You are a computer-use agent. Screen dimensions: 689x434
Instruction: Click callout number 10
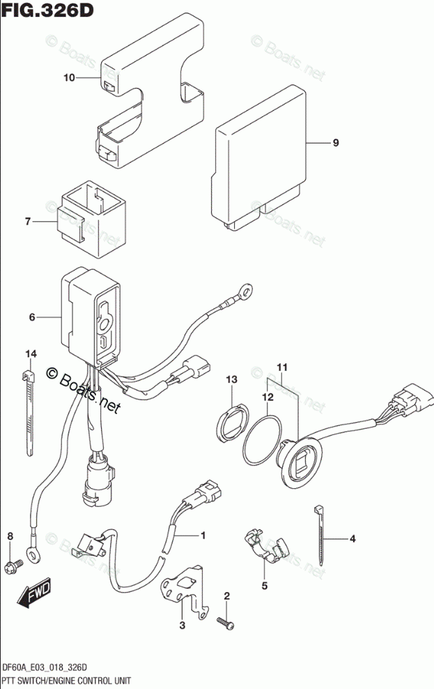coord(68,78)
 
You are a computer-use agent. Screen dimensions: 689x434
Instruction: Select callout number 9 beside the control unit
coord(335,143)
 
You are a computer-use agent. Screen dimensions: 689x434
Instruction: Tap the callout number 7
coord(28,222)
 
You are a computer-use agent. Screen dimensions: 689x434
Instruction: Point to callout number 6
coord(32,317)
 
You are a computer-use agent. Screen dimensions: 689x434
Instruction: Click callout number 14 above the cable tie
coord(30,354)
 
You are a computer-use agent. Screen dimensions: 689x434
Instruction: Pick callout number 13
coord(231,379)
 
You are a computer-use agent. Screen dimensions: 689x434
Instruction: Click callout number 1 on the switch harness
coord(203,536)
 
